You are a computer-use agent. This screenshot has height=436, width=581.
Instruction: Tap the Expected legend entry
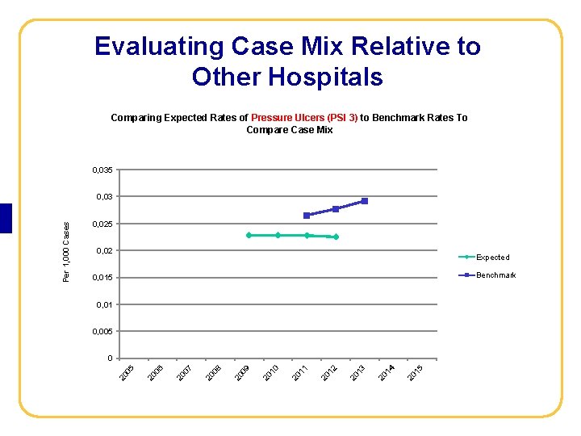(x=492, y=258)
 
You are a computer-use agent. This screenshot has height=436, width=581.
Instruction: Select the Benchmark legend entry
(x=495, y=275)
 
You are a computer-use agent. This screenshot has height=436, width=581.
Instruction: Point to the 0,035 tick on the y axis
(x=102, y=170)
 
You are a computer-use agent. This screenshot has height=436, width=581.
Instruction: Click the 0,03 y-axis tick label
(x=105, y=197)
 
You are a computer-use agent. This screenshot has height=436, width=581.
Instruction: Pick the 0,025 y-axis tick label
(x=102, y=224)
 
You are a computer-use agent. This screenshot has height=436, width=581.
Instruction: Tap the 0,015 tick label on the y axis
(x=102, y=279)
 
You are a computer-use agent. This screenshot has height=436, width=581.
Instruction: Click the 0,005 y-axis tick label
(x=102, y=332)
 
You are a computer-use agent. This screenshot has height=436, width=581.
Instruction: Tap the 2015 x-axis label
(x=416, y=373)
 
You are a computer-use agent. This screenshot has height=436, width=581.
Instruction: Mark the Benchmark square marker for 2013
(x=365, y=201)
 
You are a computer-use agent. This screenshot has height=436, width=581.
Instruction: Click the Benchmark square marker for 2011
(x=307, y=216)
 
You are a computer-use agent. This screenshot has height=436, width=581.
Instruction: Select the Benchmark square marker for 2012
(x=336, y=209)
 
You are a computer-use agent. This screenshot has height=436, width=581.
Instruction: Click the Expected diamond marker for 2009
(x=249, y=235)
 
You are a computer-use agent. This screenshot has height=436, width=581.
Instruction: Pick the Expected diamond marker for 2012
(x=336, y=237)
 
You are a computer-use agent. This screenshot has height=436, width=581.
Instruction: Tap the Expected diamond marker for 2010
(x=278, y=235)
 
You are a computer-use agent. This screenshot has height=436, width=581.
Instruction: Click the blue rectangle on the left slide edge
(x=6, y=218)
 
